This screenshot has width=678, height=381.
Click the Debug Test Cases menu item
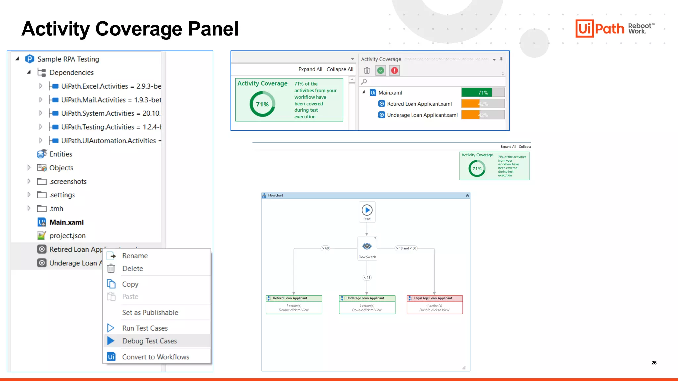tap(150, 341)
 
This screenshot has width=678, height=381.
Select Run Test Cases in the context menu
tap(145, 328)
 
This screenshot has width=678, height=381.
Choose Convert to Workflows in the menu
tap(156, 357)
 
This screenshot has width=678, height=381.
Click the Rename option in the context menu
tap(135, 256)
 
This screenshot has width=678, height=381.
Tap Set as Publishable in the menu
tap(150, 312)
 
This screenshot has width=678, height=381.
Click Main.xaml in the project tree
tap(67, 222)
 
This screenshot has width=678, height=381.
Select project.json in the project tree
tap(67, 236)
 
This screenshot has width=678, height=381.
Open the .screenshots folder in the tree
tap(68, 181)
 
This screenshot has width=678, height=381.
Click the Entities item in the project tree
tap(61, 154)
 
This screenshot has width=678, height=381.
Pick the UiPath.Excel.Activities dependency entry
tap(111, 86)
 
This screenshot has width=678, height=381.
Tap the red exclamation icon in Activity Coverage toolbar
tap(394, 70)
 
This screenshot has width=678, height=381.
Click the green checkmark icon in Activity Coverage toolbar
tap(381, 70)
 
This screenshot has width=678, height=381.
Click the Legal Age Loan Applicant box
tap(434, 304)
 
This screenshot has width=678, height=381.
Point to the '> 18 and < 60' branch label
tap(406, 248)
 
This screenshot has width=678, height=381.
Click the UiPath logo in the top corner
tap(600, 28)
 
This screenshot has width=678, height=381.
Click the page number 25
tap(654, 363)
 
